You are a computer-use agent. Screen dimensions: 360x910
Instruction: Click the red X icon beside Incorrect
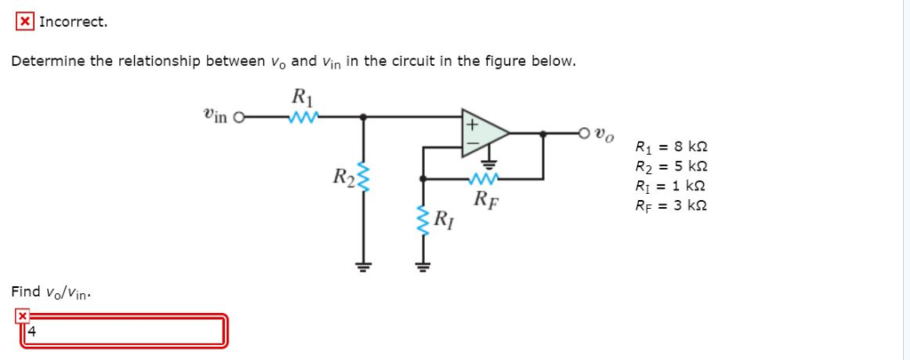coord(27,22)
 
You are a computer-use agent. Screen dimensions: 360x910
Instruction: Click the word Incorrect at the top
coord(74,22)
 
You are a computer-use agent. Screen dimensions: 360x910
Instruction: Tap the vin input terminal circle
coord(237,116)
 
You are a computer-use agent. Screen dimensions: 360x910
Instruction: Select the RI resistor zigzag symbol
coord(424,218)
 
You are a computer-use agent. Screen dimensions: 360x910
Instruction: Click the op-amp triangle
coord(483,133)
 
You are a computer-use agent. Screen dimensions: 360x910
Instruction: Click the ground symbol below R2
coord(362,263)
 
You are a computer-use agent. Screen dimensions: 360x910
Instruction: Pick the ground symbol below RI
coord(424,264)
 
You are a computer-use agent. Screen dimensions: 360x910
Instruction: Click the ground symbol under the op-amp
coord(488,163)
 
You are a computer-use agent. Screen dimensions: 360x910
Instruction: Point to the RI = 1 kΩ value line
coord(672,186)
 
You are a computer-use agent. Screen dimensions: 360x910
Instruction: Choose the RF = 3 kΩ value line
coord(672,205)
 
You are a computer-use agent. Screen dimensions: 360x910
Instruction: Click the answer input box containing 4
coord(123,332)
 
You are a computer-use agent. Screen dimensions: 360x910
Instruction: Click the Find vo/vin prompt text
coord(52,292)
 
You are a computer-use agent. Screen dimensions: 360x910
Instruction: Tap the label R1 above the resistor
coord(302,96)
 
